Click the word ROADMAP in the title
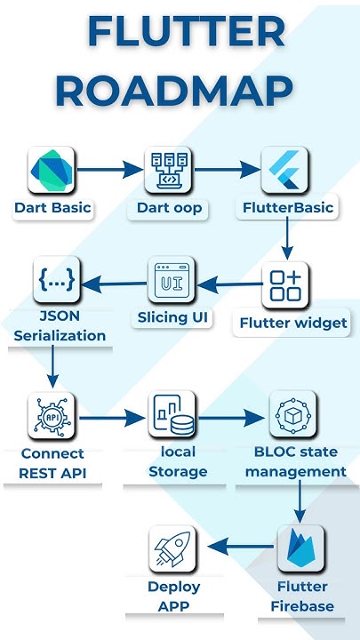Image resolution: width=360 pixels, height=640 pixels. pyautogui.click(x=180, y=90)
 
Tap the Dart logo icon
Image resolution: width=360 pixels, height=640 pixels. pyautogui.click(x=52, y=170)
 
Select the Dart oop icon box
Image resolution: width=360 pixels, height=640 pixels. pyautogui.click(x=169, y=170)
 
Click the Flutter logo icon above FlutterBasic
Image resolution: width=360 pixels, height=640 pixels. pyautogui.click(x=285, y=170)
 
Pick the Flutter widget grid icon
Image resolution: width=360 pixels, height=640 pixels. pyautogui.click(x=285, y=284)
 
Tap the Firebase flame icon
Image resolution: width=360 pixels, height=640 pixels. pyautogui.click(x=300, y=548)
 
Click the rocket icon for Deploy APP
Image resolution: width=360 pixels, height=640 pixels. pyautogui.click(x=172, y=548)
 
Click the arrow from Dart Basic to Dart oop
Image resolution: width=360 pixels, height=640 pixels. pyautogui.click(x=110, y=169)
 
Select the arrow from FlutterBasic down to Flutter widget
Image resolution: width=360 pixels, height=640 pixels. pyautogui.click(x=286, y=238)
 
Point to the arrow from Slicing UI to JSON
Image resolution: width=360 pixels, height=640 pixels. pyautogui.click(x=115, y=284)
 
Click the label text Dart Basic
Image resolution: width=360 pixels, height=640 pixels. pyautogui.click(x=52, y=209)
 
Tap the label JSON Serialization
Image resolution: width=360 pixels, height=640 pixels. pyautogui.click(x=60, y=326)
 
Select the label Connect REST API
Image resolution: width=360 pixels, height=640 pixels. pyautogui.click(x=52, y=463)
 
